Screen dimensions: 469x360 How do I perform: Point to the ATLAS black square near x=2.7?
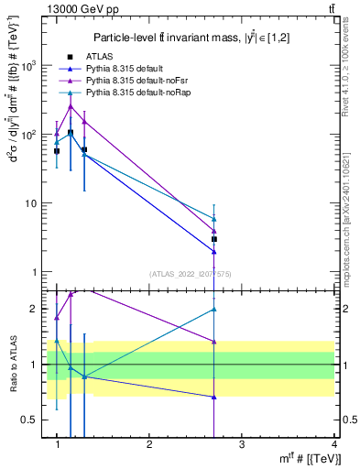[x=213, y=239]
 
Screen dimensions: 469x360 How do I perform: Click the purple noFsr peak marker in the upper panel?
[x=71, y=106]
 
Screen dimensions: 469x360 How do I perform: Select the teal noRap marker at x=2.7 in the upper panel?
[x=213, y=219]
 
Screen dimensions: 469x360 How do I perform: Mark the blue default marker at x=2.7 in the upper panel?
[x=213, y=252]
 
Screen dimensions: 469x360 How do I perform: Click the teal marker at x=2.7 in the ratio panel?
[x=213, y=310]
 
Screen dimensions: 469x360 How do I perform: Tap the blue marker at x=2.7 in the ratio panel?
[x=213, y=398]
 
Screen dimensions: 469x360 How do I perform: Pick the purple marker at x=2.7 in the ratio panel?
[x=213, y=342]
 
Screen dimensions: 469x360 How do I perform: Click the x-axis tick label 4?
[x=333, y=444]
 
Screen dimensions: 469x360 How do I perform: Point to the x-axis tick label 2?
[x=149, y=444]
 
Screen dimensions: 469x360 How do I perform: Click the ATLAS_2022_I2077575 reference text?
[x=189, y=274]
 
